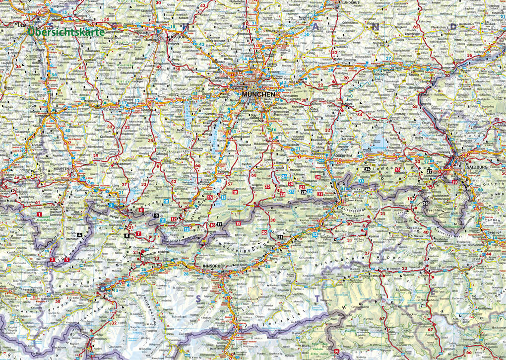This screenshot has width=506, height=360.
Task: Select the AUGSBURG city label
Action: pyautogui.click(x=178, y=37)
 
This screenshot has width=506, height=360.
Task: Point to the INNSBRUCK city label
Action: pyautogui.click(x=214, y=267)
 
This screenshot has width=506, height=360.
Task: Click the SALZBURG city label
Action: pyautogui.click(x=477, y=168)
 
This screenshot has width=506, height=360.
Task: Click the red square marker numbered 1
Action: pyautogui.click(x=39, y=214)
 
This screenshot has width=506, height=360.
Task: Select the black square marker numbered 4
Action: pyautogui.click(x=79, y=234)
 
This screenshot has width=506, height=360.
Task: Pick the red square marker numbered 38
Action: pyautogui.click(x=455, y=182)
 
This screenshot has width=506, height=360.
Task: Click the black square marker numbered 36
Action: pyautogui.click(x=426, y=203)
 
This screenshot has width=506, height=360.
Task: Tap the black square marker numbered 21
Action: pyautogui.click(x=280, y=237)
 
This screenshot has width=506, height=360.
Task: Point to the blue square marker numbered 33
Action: pyautogui.click(x=343, y=181)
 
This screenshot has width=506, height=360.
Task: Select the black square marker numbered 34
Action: pyautogui.click(x=367, y=169)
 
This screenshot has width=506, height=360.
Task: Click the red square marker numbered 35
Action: pyautogui.click(x=397, y=170)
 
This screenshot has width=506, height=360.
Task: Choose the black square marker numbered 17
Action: pyautogui.click(x=219, y=225)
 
